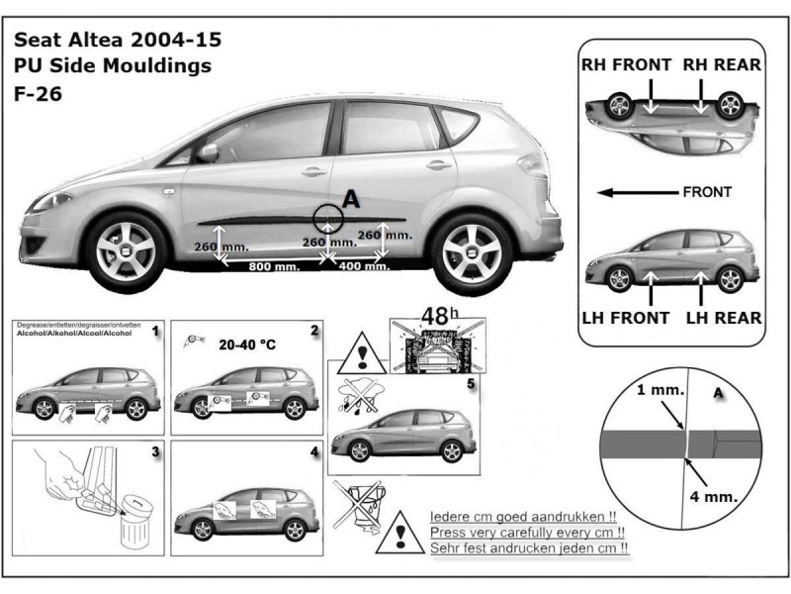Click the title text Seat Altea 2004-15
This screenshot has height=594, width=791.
coord(117,41)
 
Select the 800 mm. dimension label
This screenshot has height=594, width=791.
coord(274,267)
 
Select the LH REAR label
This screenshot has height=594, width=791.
coord(724,319)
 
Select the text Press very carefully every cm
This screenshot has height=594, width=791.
coord(529,532)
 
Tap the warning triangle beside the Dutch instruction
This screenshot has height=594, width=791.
coord(400,532)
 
